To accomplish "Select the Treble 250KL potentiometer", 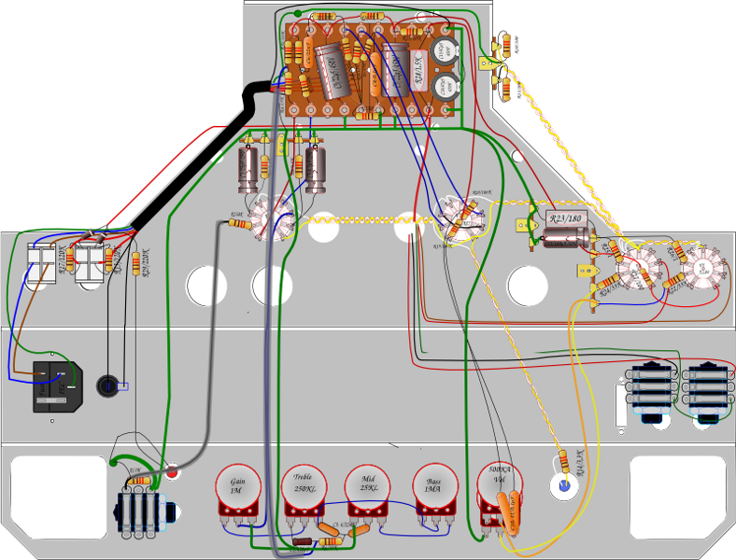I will tap(304, 486).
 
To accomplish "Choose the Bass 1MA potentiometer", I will tap(435, 486).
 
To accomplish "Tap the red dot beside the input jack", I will tap(174, 472).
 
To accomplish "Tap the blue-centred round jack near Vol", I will tap(563, 484).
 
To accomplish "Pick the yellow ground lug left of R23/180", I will tap(523, 224).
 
